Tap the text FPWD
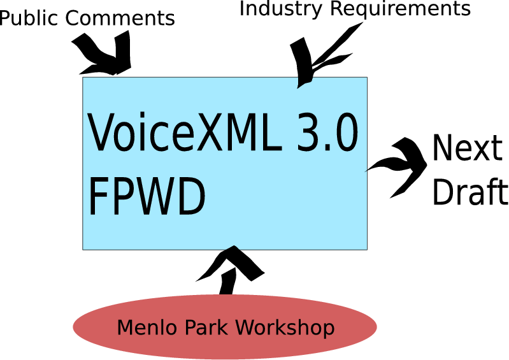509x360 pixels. pos(147,196)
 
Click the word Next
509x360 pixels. pos(467,149)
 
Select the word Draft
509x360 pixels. pos(470,190)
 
